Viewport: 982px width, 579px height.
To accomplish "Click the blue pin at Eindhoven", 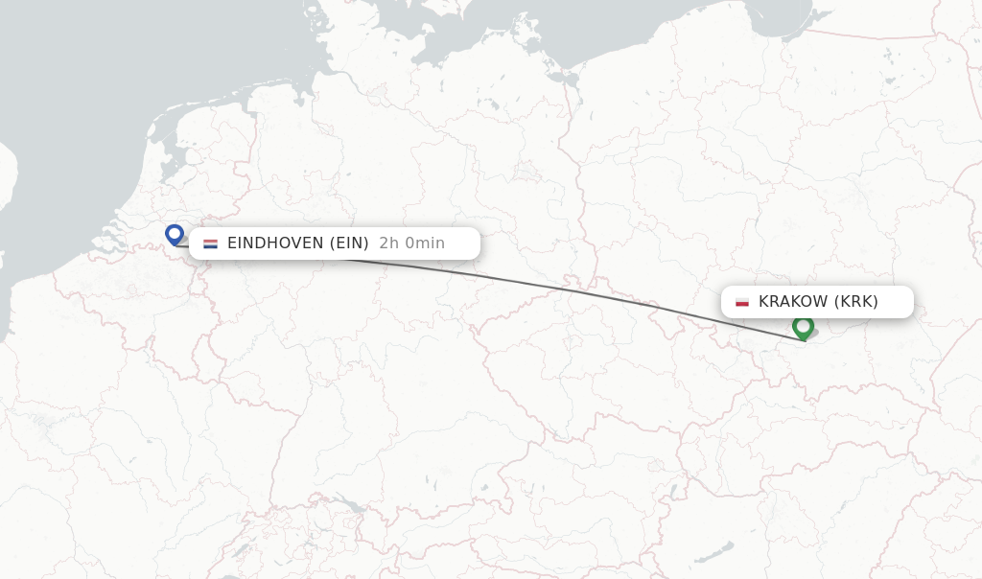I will coord(174,233).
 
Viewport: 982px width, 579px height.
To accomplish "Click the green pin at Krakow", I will coord(803,326).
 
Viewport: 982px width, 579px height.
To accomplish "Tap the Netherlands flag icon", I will coord(210,243).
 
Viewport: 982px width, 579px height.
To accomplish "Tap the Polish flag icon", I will coord(741,302).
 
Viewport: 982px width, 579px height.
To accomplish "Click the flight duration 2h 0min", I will coord(411,243).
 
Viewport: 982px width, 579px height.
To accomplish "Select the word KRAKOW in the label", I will coord(793,302).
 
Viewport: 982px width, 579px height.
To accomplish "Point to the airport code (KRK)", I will coord(856,302).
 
